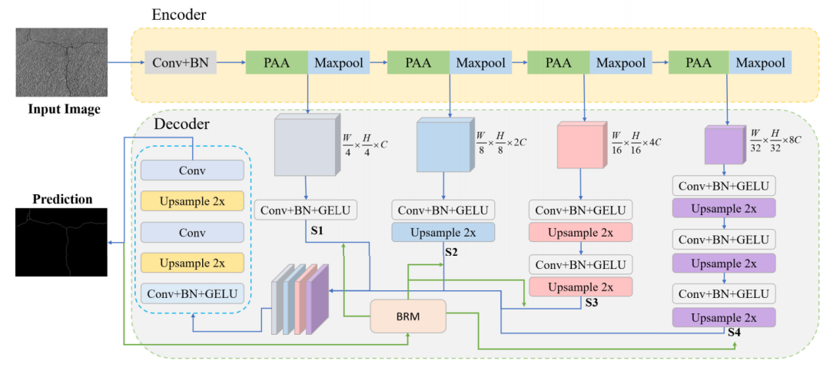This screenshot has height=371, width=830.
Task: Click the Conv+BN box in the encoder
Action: tap(180, 62)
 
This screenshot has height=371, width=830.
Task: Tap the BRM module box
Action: tap(407, 316)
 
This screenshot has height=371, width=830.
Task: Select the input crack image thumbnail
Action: tap(61, 62)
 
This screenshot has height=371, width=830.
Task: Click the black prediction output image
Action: tap(61, 242)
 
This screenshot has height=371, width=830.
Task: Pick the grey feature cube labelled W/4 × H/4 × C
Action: tap(306, 146)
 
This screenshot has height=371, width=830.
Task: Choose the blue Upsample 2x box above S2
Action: tap(443, 232)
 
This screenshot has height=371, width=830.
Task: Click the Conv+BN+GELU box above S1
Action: tap(306, 210)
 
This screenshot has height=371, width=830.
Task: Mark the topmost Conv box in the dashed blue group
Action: tap(192, 171)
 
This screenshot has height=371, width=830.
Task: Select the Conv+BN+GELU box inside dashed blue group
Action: tap(192, 293)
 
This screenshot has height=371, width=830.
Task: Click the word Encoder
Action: tap(179, 15)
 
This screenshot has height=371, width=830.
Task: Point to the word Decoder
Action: tap(182, 125)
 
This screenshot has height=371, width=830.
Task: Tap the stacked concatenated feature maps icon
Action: tap(300, 299)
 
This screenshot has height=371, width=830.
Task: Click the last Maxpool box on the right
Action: tap(760, 62)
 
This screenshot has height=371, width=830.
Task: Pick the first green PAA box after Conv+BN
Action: tap(277, 62)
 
